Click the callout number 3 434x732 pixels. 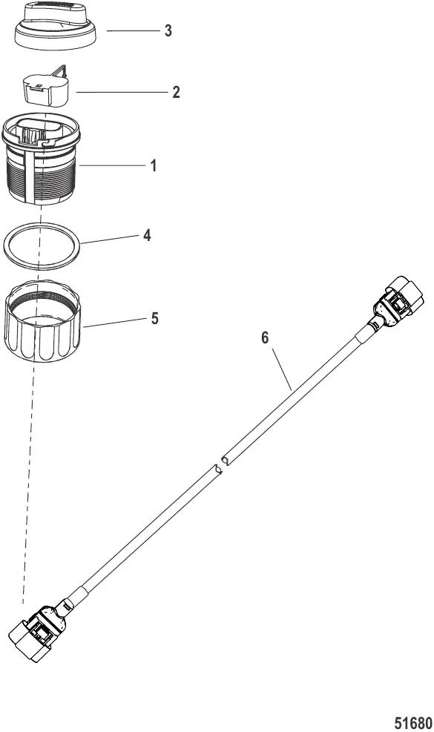pos(168,31)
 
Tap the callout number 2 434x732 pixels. pos(176,92)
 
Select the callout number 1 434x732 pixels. pos(154,165)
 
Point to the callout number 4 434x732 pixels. pos(147,235)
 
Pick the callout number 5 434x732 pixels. pos(154,319)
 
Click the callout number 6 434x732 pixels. pos(265,337)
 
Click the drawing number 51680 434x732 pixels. pos(413,723)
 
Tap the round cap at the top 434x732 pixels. pos(55,28)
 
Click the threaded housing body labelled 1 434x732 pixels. pos(41,158)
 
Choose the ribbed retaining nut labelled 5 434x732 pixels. pos(44,321)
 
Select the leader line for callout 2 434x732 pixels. pos(122,93)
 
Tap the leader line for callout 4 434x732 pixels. pos(109,240)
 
